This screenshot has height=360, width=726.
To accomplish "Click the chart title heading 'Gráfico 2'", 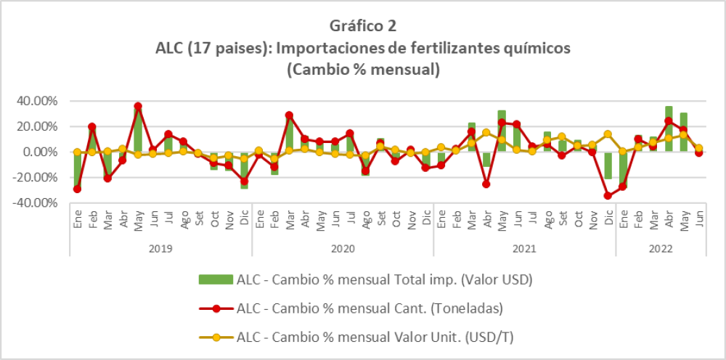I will [x=363, y=26].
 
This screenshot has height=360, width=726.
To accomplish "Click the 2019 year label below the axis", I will [x=160, y=248].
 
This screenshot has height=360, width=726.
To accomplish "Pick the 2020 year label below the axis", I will [x=342, y=248].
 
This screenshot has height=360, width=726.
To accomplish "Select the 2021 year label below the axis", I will [x=524, y=248].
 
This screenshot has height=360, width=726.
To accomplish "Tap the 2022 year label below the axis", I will [x=661, y=248].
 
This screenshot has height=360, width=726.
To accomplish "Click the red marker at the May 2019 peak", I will [x=138, y=107].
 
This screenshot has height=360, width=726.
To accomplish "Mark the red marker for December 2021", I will [x=608, y=195].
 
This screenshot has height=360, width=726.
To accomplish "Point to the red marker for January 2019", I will [x=77, y=189].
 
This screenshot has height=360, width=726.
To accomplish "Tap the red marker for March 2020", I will [x=289, y=115].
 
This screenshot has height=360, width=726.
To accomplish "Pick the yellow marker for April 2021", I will [x=486, y=133].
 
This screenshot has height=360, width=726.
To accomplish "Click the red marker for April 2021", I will [x=486, y=184].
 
